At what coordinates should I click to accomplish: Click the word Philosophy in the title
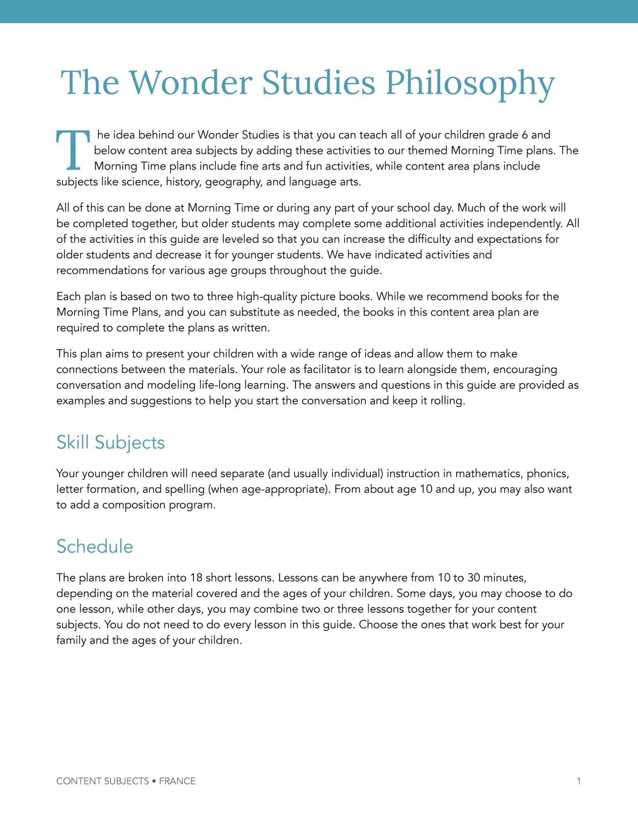pos(470,83)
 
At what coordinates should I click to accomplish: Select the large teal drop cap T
pos(73,150)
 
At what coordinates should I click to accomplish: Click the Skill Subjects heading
pos(110,442)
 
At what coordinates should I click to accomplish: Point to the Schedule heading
pos(94,546)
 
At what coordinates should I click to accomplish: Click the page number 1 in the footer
pos(578,781)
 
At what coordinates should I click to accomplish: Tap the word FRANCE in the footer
pos(177,781)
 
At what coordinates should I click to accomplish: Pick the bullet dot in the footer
pos(154,781)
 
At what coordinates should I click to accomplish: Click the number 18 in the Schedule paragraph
pos(196,578)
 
